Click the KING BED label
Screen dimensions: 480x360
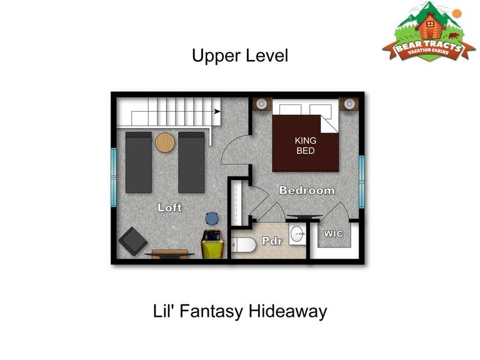(306, 146)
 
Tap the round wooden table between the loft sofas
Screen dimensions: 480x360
(165, 142)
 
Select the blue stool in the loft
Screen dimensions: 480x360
(212, 219)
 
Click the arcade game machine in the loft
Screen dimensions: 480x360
(212, 244)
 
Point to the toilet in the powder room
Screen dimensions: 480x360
(244, 245)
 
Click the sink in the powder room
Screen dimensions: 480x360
(297, 234)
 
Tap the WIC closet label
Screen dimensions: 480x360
(334, 234)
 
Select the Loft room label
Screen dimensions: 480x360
(169, 208)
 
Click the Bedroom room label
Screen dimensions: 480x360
(307, 191)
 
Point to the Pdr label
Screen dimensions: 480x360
(272, 241)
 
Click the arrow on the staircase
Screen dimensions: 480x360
(217, 111)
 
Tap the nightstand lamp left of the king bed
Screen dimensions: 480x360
(261, 104)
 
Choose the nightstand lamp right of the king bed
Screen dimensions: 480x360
(349, 104)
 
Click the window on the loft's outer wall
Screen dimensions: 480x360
(114, 177)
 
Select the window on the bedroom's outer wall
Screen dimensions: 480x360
(361, 182)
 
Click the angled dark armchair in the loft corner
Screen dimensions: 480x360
(133, 241)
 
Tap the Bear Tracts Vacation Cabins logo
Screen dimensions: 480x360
(429, 32)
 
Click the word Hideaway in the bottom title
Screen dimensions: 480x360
(287, 311)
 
